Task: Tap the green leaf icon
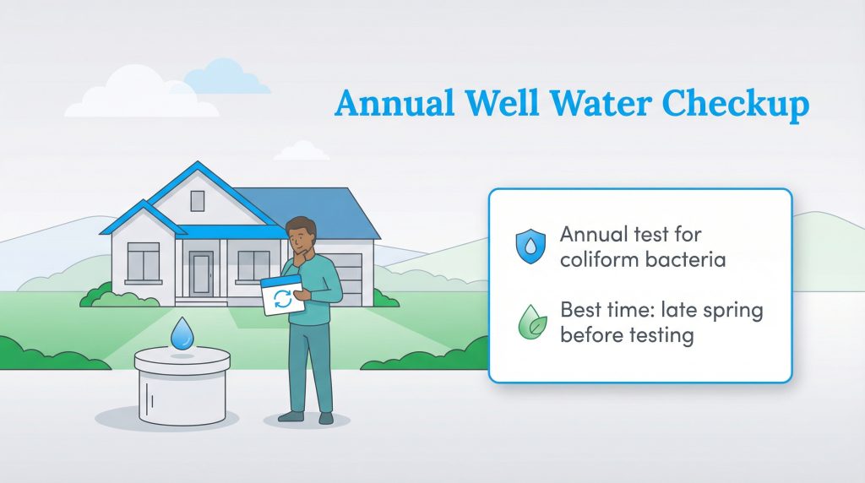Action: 530,323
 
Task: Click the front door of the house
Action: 201,273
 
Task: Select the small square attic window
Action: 197,200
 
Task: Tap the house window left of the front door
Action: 143,261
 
